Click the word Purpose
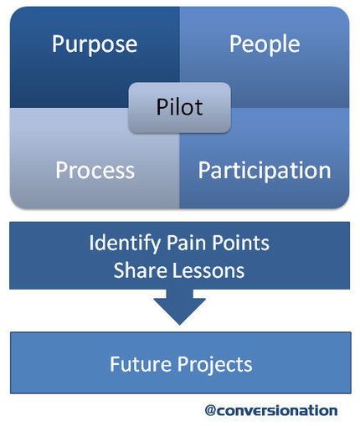pos(95,44)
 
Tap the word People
pos(265,44)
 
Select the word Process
pos(95,170)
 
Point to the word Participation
pos(265,171)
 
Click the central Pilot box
pos(179,107)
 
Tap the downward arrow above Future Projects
pos(179,307)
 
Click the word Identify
pos(125,244)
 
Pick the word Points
pos(241,243)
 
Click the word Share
pos(140,270)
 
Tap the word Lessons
pos(208,270)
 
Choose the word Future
pos(141,364)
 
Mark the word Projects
pos(214,366)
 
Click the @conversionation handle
pos(271,411)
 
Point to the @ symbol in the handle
pos(210,411)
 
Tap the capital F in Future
pos(115,364)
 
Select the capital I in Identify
pos(90,243)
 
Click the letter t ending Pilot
pos(198,108)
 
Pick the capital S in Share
pos(119,270)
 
